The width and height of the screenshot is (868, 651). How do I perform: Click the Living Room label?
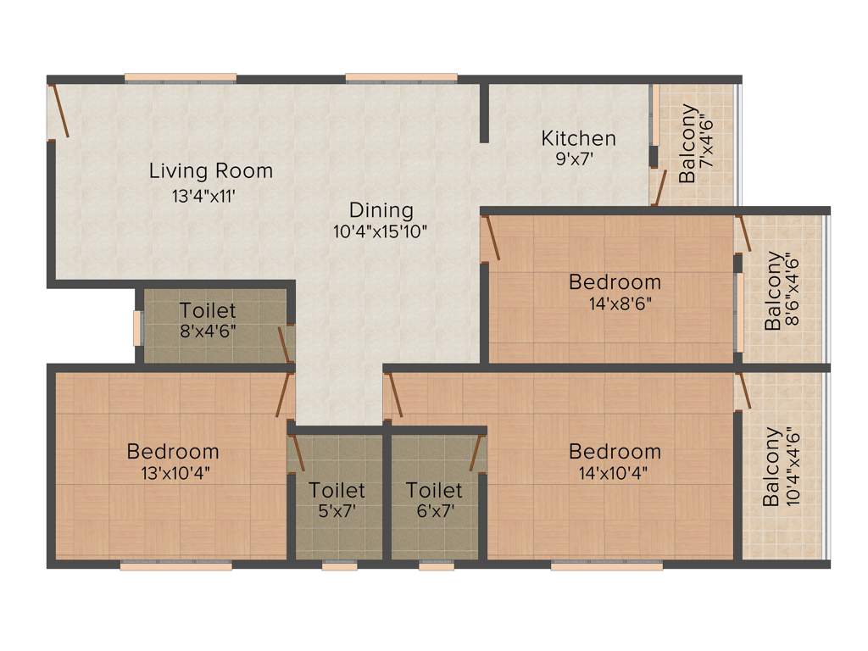click(211, 170)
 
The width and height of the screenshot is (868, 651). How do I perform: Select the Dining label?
click(381, 210)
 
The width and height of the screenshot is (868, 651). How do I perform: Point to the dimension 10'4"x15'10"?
click(380, 231)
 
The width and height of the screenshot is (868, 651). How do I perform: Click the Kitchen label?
click(579, 138)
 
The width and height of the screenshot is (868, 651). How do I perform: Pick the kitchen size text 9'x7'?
click(578, 159)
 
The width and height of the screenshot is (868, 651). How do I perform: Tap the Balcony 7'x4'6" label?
click(688, 143)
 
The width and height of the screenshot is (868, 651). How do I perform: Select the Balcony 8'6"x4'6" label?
click(773, 290)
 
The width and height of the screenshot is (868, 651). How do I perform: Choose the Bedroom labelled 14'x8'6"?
click(615, 281)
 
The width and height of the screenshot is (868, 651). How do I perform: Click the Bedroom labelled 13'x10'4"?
click(173, 451)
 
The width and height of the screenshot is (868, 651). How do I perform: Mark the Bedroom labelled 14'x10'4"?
click(615, 451)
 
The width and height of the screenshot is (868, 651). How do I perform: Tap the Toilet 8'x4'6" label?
click(208, 311)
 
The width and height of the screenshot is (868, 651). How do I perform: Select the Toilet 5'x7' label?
click(337, 490)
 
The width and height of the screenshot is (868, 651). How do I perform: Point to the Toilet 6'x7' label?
click(434, 490)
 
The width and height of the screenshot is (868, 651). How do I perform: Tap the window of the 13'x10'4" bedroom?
click(175, 565)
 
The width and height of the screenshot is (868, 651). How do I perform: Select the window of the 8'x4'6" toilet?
click(137, 329)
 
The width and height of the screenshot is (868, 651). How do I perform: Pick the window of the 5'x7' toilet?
click(339, 565)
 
